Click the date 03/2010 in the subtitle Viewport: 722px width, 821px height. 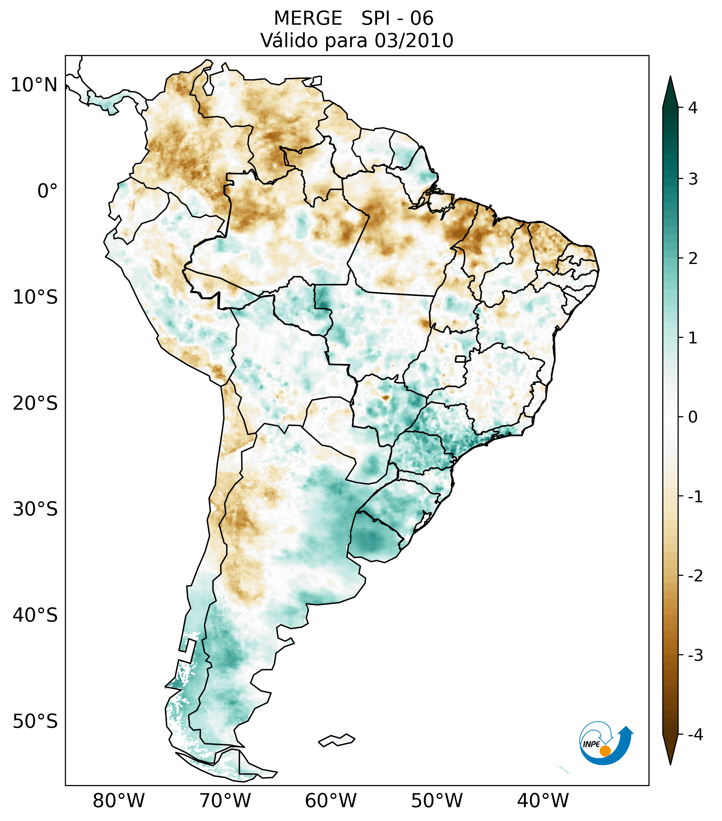414,41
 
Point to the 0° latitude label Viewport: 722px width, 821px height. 47,191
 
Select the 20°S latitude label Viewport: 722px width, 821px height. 35,403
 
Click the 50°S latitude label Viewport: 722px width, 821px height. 35,722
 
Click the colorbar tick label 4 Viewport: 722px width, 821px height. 693,108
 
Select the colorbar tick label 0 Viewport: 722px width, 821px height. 693,417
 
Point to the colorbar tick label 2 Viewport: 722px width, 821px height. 693,259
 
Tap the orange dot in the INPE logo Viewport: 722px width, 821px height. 605,751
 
